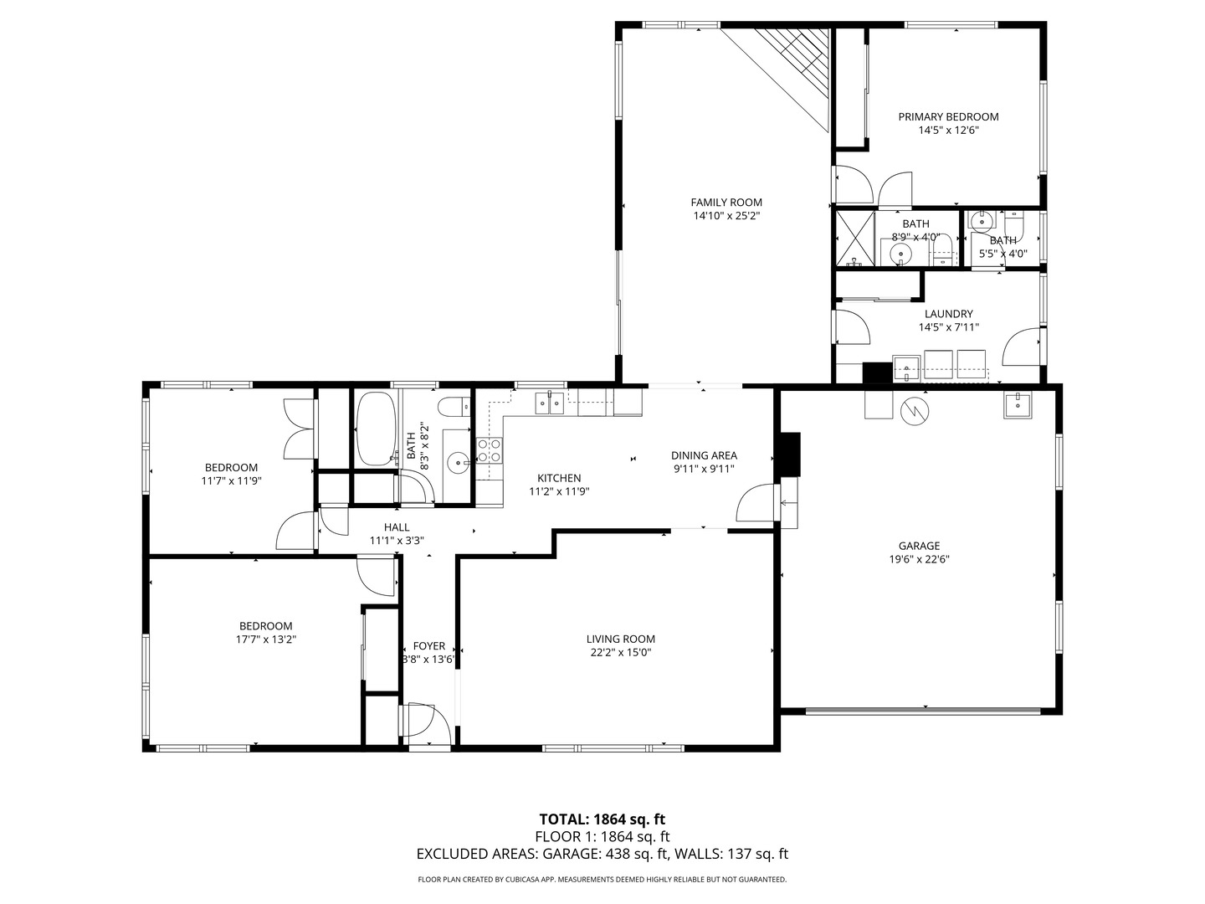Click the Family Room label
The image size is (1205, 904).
pyautogui.click(x=726, y=202)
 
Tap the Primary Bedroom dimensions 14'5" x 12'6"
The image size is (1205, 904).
pyautogui.click(x=948, y=131)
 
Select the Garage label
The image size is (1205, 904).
pyautogui.click(x=919, y=546)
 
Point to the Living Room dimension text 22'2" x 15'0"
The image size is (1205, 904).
pyautogui.click(x=620, y=653)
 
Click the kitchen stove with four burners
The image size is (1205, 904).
pyautogui.click(x=490, y=449)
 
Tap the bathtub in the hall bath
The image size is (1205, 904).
pyautogui.click(x=377, y=428)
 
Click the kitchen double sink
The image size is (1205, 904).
pyautogui.click(x=550, y=403)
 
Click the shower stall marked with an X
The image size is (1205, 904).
pyautogui.click(x=854, y=239)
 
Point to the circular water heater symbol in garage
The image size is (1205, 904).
pyautogui.click(x=915, y=411)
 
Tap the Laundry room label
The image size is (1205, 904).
pyautogui.click(x=949, y=314)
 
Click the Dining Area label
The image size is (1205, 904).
pyautogui.click(x=704, y=455)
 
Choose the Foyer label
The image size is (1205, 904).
pyautogui.click(x=428, y=646)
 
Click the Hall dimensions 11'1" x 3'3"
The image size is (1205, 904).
pyautogui.click(x=397, y=541)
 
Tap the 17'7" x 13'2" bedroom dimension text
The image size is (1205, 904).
pyautogui.click(x=266, y=639)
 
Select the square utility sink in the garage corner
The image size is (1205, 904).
pyautogui.click(x=1018, y=405)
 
